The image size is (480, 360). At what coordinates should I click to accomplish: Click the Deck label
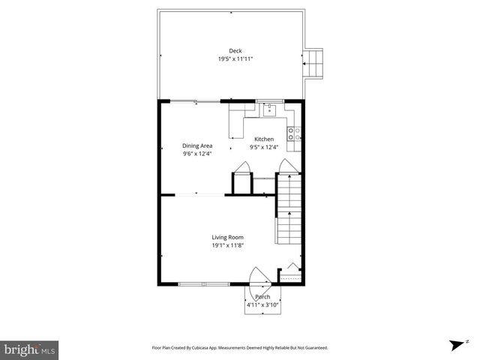(x=225, y=50)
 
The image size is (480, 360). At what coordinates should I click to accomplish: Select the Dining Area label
(x=197, y=145)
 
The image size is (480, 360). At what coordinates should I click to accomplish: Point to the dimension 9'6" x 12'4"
(x=197, y=154)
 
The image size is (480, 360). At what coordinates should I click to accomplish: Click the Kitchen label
(x=264, y=139)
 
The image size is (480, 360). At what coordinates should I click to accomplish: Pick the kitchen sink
(x=270, y=111)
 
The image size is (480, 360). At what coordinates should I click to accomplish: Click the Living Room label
(x=227, y=237)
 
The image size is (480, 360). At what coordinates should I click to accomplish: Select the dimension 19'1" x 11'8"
(x=227, y=244)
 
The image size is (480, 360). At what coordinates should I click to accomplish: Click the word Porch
(x=262, y=298)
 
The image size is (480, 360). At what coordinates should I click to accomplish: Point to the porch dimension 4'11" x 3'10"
(x=262, y=305)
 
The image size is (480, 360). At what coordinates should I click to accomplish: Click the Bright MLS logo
(x=30, y=349)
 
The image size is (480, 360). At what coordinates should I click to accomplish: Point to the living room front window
(x=204, y=284)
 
